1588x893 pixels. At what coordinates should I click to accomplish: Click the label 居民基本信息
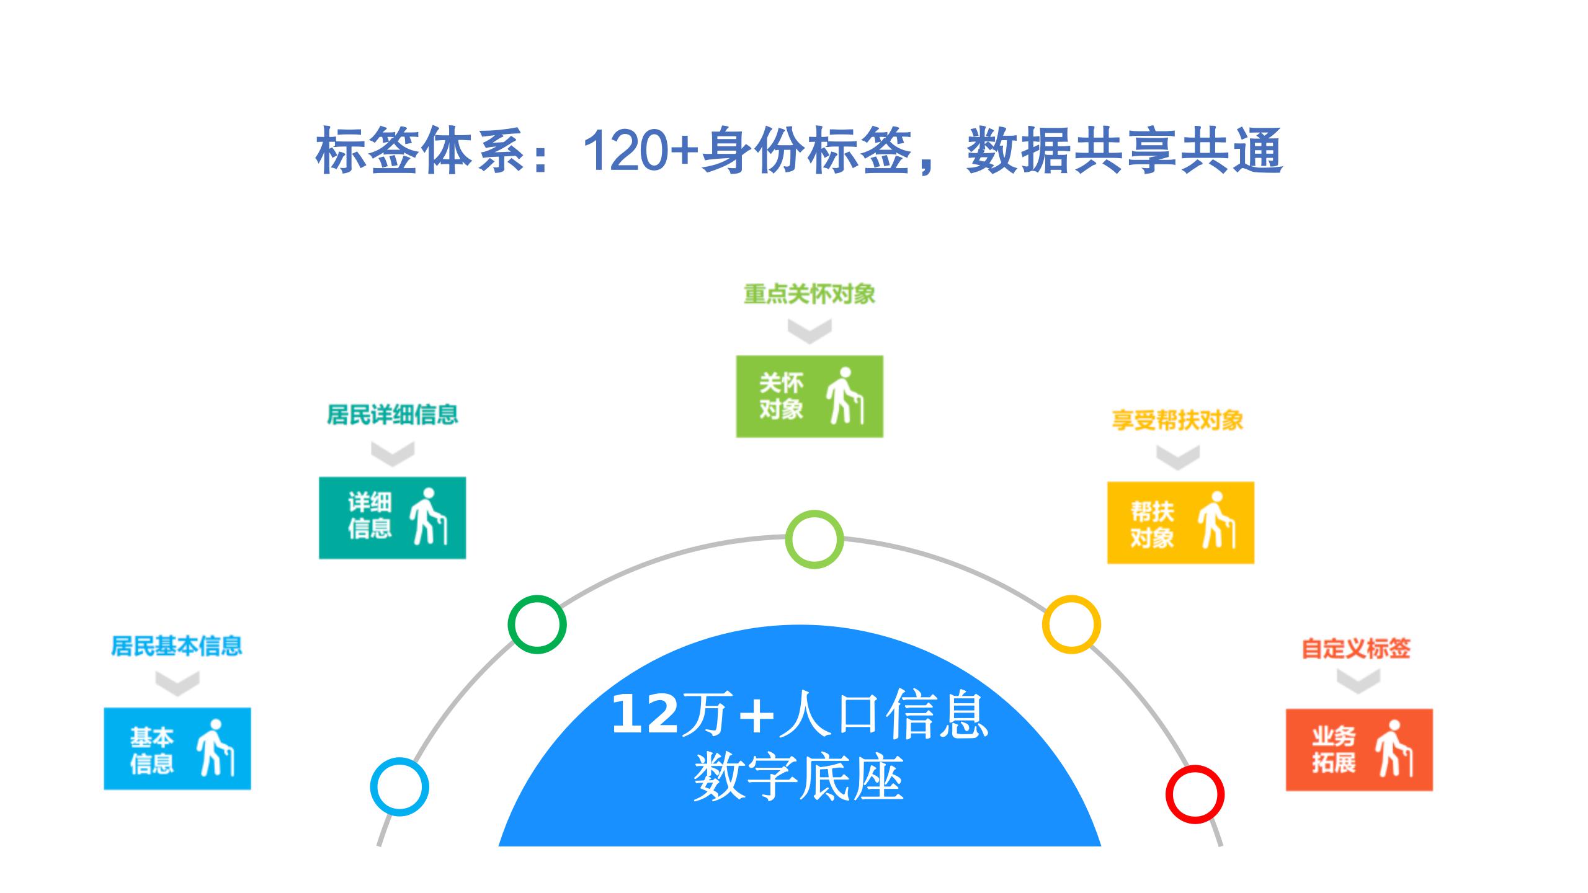click(x=176, y=646)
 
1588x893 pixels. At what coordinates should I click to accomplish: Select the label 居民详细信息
click(x=392, y=414)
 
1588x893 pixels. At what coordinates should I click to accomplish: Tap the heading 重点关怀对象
click(x=810, y=294)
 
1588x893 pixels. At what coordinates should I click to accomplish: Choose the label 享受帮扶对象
click(x=1177, y=420)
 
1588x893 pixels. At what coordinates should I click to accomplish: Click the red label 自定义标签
click(x=1356, y=649)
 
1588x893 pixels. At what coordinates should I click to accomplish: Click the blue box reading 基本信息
click(x=177, y=749)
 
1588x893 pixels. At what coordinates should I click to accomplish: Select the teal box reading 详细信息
click(x=392, y=518)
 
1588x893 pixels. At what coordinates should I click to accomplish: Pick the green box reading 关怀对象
click(x=810, y=396)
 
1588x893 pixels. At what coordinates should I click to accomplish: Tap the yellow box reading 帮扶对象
click(x=1180, y=523)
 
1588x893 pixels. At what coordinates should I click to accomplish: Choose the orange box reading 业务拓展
click(x=1359, y=750)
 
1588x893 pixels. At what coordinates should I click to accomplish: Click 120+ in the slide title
click(x=640, y=150)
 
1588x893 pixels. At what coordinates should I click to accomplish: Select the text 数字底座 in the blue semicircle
click(x=798, y=778)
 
